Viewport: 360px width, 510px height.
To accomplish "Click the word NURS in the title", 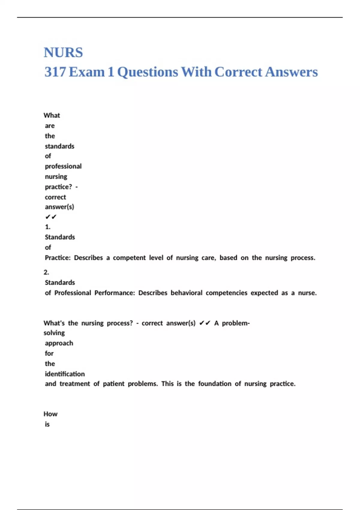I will click(63, 52).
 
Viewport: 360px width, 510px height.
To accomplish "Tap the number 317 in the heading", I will click(55, 72).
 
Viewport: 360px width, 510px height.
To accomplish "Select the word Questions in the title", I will click(148, 72).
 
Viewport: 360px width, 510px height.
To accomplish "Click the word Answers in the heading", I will click(291, 72).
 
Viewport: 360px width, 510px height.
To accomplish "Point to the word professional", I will click(63, 166).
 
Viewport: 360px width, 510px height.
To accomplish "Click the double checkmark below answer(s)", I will click(51, 217).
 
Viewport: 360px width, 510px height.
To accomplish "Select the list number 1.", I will click(48, 227).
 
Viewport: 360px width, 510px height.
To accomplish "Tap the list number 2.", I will click(46, 272).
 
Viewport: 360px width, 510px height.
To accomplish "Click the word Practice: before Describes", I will click(58, 258).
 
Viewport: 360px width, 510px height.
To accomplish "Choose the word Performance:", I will click(115, 293).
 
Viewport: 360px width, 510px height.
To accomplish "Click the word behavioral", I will click(186, 293).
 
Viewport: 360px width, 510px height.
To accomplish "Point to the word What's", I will click(54, 323).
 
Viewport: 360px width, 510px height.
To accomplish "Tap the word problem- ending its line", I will click(236, 323).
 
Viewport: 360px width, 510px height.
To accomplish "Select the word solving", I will click(54, 333).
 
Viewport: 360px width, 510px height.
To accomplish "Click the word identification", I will click(65, 374).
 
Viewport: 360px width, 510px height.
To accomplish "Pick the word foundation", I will click(214, 384).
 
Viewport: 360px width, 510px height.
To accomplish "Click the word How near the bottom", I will click(50, 414).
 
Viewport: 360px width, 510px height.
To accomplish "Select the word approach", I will click(59, 343).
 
